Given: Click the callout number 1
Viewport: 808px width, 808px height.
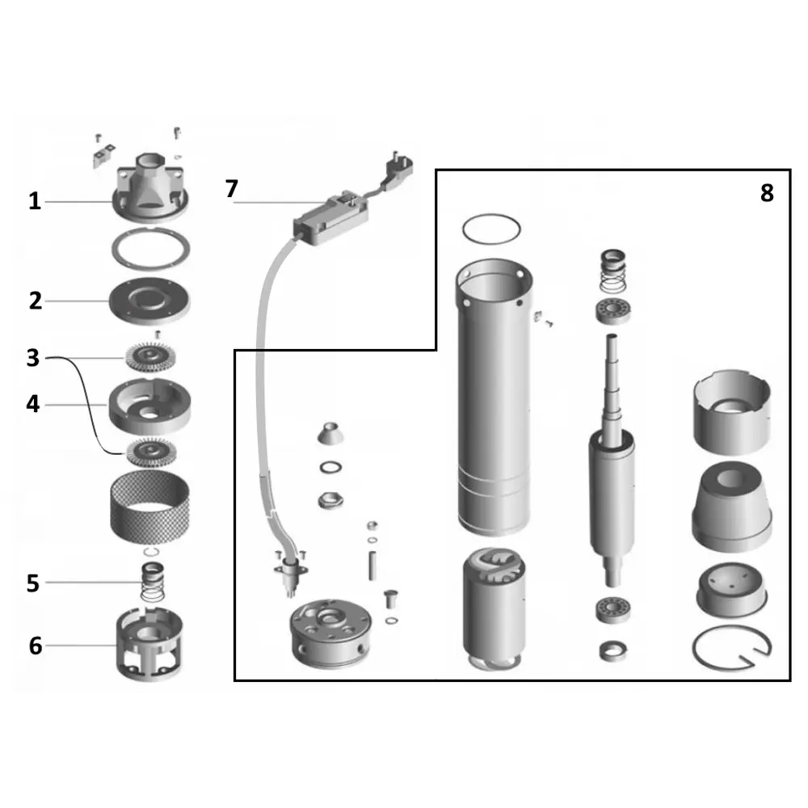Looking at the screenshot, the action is click(x=35, y=201).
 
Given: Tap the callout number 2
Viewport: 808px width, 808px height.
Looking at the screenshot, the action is click(x=35, y=301).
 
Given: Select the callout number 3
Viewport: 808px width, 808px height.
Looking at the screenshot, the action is click(x=33, y=358).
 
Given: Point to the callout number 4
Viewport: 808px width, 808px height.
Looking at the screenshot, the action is click(x=33, y=404).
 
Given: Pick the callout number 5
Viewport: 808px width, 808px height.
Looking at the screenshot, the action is click(x=33, y=583).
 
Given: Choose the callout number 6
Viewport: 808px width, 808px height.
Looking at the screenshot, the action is click(x=35, y=646).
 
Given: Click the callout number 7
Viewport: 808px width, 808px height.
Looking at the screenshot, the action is click(x=231, y=188).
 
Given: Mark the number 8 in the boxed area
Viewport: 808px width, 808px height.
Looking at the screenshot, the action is click(x=767, y=193).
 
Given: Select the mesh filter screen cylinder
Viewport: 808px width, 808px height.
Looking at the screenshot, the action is click(x=150, y=506).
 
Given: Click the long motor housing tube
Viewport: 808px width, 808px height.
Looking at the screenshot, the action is click(x=494, y=397).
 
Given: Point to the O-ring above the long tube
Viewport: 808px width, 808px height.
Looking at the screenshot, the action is click(x=491, y=229).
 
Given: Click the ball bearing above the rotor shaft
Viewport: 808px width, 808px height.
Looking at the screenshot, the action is click(x=613, y=311).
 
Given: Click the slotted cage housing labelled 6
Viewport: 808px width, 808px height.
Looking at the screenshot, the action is click(x=149, y=644).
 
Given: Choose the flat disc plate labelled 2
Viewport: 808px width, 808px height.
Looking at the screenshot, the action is click(x=149, y=301).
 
